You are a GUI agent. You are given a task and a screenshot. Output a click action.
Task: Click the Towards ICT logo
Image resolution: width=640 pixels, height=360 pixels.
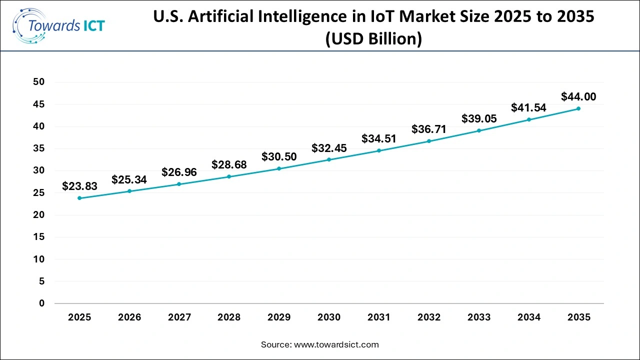[58, 25]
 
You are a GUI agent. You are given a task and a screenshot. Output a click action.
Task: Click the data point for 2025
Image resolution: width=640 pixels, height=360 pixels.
[79, 198]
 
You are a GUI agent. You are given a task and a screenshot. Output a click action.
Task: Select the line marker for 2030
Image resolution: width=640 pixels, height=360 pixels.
[329, 159]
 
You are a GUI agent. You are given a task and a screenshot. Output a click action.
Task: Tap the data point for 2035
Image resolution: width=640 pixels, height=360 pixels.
[578, 108]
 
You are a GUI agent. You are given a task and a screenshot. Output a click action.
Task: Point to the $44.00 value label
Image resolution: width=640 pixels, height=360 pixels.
[578, 96]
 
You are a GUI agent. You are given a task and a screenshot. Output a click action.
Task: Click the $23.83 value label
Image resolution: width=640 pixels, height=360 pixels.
[79, 186]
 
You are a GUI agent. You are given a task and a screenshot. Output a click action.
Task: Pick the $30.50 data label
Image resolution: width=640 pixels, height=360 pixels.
[279, 156]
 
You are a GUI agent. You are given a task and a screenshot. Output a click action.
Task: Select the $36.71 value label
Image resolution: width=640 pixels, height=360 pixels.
[429, 129]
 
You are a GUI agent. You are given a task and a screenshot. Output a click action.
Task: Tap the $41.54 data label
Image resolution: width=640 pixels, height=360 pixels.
[528, 107]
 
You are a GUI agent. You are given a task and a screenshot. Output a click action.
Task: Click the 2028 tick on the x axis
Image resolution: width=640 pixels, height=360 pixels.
[229, 317]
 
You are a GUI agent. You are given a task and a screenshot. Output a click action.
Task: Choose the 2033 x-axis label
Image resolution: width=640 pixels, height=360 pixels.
[479, 317]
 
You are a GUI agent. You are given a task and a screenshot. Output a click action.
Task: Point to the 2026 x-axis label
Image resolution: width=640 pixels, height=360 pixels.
[129, 317]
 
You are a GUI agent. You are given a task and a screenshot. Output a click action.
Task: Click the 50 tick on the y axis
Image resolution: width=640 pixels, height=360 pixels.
[39, 82]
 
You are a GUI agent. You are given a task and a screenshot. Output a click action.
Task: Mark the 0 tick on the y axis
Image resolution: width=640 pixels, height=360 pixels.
[42, 303]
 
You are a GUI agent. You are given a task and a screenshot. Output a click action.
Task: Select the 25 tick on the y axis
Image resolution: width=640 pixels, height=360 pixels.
[39, 193]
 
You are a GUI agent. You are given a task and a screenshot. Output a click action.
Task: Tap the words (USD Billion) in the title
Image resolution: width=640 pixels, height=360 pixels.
[373, 38]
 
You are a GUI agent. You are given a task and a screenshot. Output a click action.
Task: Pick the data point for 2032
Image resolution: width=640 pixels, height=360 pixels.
[429, 141]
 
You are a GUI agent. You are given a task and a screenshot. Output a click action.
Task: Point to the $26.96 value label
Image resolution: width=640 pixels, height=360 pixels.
[179, 172]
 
